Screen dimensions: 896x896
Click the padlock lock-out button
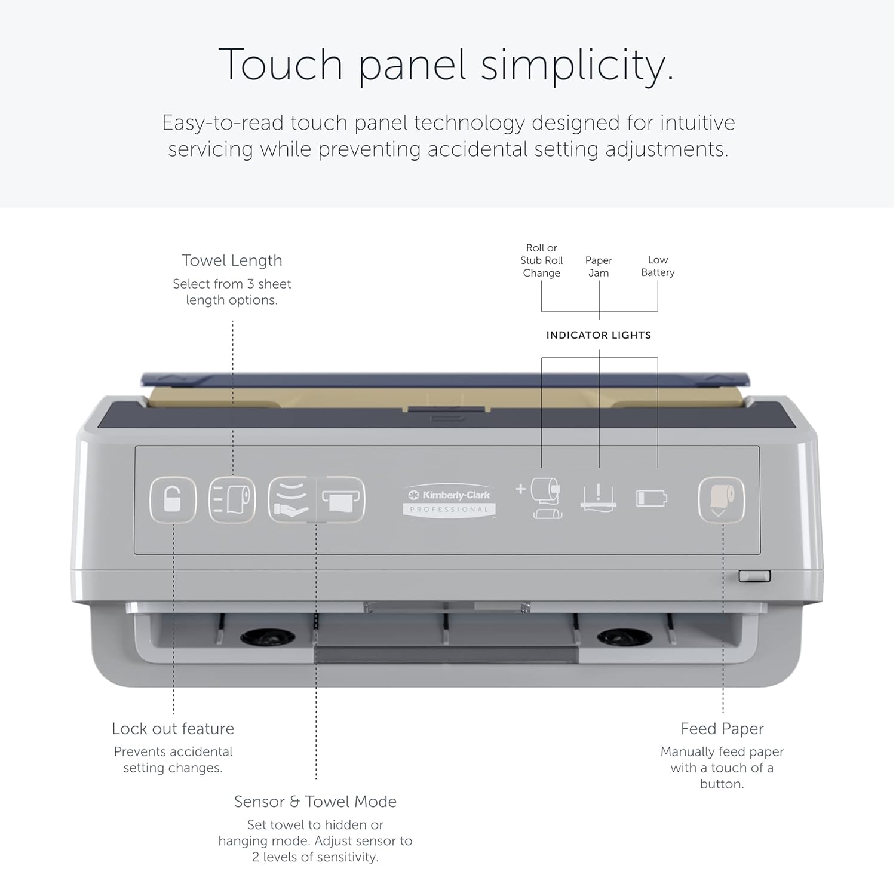click(x=173, y=500)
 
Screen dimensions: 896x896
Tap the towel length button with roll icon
click(x=232, y=500)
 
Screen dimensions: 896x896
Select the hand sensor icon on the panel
click(x=291, y=500)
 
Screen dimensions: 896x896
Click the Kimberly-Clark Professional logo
click(x=449, y=501)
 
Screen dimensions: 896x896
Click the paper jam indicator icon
click(x=599, y=497)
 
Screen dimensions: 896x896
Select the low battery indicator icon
click(x=652, y=498)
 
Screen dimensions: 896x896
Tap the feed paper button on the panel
click(x=722, y=500)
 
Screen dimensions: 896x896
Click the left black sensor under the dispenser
click(x=268, y=637)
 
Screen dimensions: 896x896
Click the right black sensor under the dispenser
click(x=624, y=637)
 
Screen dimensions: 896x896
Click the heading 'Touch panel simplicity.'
click(x=447, y=65)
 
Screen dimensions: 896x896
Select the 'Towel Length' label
click(x=232, y=260)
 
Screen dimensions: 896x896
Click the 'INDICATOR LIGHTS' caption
click(x=599, y=335)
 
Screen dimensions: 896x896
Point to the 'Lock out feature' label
click(x=173, y=729)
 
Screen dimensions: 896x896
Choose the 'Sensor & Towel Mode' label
click(x=315, y=802)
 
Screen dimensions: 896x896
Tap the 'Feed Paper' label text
click(x=722, y=729)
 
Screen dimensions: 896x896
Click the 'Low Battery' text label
click(x=658, y=266)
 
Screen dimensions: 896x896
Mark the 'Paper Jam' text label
click(x=599, y=266)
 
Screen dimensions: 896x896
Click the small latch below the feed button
click(x=754, y=576)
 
